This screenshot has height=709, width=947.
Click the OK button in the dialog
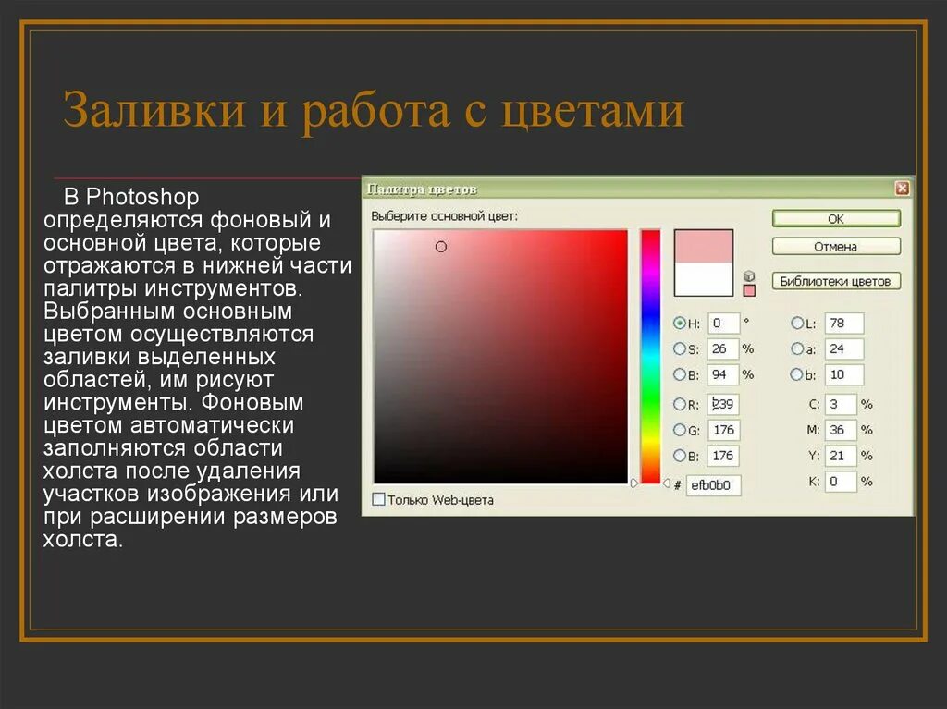[x=835, y=219]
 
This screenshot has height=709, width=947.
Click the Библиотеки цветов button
[x=835, y=281]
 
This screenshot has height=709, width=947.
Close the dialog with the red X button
[x=902, y=189]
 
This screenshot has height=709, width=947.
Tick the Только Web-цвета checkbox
[x=378, y=499]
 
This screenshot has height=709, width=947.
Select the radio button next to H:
[x=680, y=324]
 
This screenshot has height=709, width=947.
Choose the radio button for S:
[x=680, y=348]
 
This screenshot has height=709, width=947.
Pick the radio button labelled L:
[x=797, y=324]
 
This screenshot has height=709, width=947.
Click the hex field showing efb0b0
[x=713, y=484]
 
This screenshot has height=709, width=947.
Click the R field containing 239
[x=724, y=404]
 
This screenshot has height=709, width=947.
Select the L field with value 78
[x=843, y=324]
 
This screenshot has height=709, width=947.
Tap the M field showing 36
[x=840, y=430]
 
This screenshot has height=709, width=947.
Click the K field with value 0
[x=840, y=482]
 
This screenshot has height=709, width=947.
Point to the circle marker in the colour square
[x=441, y=247]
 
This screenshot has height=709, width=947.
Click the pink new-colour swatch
[x=703, y=246]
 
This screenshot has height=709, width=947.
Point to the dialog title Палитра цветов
[x=423, y=189]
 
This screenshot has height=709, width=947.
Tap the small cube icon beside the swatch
[x=749, y=275]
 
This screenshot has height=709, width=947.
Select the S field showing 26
[x=724, y=348]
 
